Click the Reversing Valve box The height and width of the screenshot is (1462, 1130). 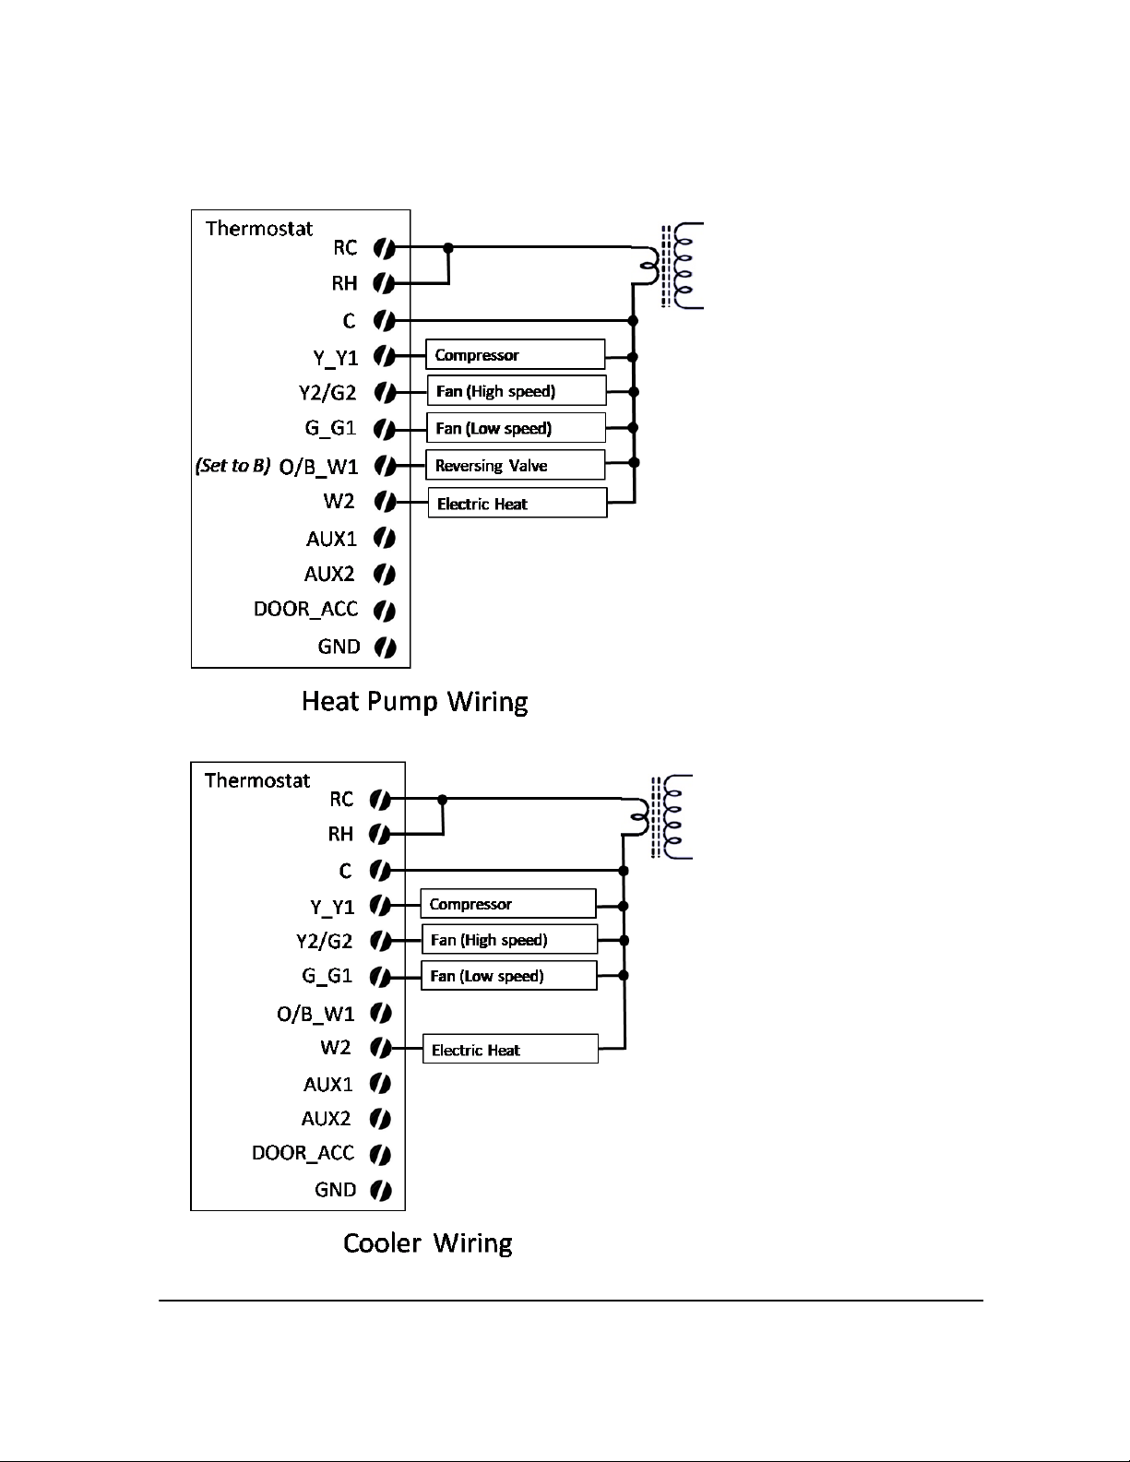pyautogui.click(x=516, y=465)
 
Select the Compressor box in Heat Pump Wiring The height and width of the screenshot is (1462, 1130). pyautogui.click(x=516, y=354)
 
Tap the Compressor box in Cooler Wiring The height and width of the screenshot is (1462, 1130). pyautogui.click(x=508, y=904)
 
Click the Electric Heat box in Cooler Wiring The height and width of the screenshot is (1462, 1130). pyautogui.click(x=510, y=1049)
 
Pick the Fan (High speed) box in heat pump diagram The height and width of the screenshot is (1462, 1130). pyautogui.click(x=517, y=391)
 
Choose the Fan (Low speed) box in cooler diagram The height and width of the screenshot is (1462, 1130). pyautogui.click(x=509, y=976)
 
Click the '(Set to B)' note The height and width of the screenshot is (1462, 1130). pyautogui.click(x=232, y=466)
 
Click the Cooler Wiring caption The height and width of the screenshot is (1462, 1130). pyautogui.click(x=428, y=1243)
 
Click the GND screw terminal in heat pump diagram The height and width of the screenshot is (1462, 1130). pyautogui.click(x=385, y=648)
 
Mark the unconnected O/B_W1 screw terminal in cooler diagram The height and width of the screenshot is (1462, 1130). pyautogui.click(x=381, y=1013)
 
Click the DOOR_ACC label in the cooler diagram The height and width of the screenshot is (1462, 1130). pyautogui.click(x=303, y=1153)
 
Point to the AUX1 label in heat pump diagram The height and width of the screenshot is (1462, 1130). pyautogui.click(x=331, y=539)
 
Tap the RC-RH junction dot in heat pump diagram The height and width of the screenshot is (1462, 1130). pyautogui.click(x=448, y=247)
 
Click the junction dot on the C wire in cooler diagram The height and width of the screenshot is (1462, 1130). pyautogui.click(x=624, y=871)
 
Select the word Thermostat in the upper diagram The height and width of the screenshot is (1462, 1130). pyautogui.click(x=259, y=229)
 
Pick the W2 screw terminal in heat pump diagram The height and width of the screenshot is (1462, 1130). pyautogui.click(x=385, y=501)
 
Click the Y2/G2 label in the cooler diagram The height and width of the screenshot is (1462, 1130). pyautogui.click(x=324, y=941)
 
